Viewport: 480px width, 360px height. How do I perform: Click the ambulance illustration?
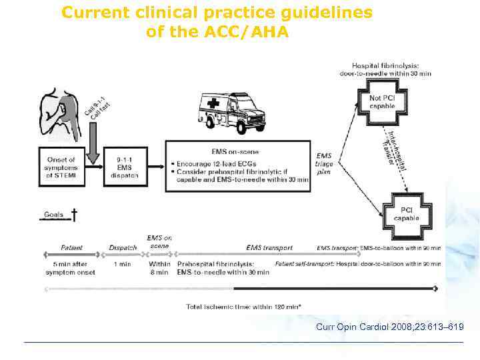[230, 110]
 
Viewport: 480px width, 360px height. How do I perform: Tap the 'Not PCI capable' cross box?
[381, 102]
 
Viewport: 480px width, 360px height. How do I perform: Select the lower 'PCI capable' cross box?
[406, 213]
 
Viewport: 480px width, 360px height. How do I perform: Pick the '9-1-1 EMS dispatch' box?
[125, 167]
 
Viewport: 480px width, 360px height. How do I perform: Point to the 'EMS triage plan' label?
[324, 163]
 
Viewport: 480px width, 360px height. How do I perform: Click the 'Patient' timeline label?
[72, 248]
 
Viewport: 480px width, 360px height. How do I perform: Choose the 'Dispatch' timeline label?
[123, 248]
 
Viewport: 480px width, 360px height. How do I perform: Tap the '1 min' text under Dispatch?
[123, 263]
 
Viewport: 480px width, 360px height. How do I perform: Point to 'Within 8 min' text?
[159, 267]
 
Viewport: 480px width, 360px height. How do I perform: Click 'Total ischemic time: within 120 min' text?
[243, 307]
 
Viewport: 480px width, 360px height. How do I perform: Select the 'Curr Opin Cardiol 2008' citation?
[390, 327]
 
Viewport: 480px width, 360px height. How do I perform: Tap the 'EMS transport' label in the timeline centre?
[269, 248]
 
